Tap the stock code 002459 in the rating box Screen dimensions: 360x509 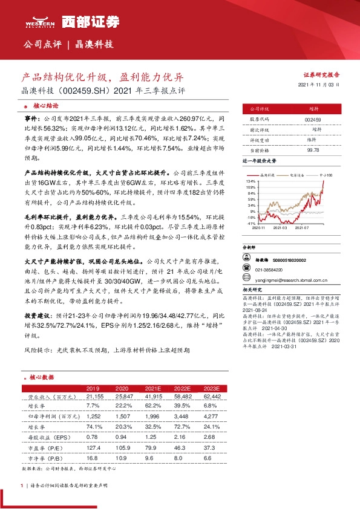[x=313, y=120]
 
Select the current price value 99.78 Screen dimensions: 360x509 [x=313, y=149]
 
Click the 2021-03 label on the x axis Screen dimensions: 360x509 [x=280, y=228]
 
